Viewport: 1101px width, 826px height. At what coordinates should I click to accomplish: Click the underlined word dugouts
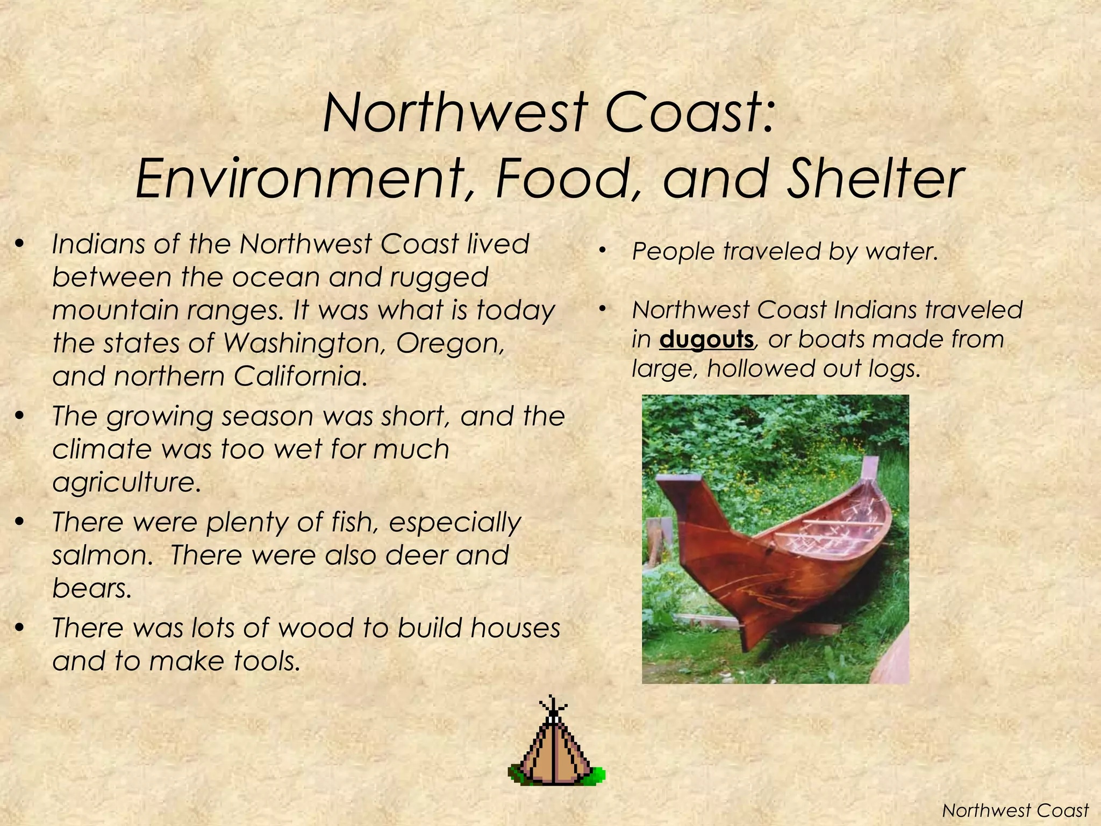coord(706,340)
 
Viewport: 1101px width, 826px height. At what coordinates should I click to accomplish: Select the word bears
coord(91,588)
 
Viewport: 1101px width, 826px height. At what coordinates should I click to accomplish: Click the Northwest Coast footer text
coord(1016,810)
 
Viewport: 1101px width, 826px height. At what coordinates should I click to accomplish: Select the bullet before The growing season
coord(20,416)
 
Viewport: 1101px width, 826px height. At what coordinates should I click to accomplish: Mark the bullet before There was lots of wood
coord(20,628)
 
